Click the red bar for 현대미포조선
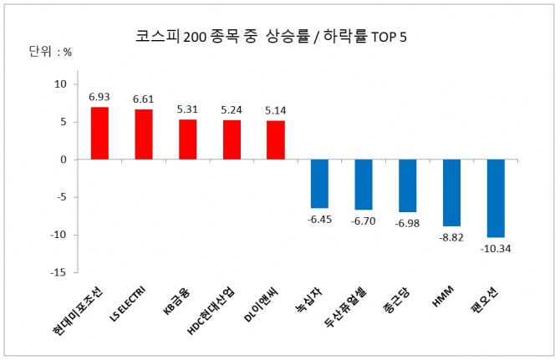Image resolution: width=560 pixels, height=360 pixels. click(x=99, y=134)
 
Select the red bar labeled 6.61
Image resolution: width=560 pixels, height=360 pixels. click(x=143, y=134)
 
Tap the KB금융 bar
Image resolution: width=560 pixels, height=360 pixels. click(x=187, y=139)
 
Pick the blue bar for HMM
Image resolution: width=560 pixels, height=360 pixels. click(x=451, y=193)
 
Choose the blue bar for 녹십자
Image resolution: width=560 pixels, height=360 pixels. click(x=319, y=184)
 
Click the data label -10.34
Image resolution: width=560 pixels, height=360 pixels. click(x=495, y=248)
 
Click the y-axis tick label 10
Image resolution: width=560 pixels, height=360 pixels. click(x=60, y=84)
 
